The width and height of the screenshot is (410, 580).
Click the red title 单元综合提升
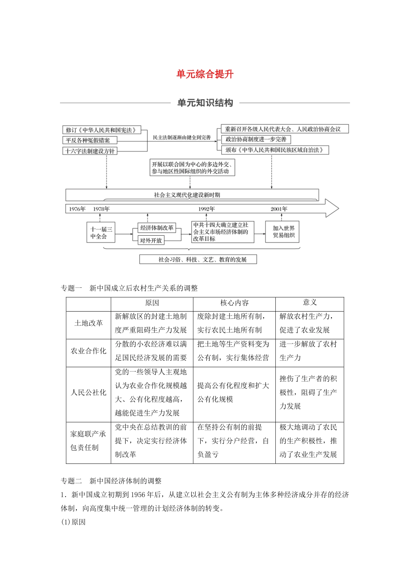205,74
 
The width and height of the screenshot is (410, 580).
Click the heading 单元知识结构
205,103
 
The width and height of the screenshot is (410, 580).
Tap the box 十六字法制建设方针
90,151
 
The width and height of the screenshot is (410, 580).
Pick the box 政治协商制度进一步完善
256,139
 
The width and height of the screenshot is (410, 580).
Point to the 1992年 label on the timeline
207,209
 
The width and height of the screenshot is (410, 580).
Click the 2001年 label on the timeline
279,209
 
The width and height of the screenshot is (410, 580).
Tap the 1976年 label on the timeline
77,209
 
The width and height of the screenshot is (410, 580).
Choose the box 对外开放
151,240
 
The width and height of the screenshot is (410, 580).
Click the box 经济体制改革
157,228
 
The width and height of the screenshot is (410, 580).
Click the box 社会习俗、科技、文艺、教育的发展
198,259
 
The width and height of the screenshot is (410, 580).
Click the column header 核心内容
234,303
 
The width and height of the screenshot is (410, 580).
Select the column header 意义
309,303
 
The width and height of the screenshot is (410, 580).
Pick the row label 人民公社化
88,393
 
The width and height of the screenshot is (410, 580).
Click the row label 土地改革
88,323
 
